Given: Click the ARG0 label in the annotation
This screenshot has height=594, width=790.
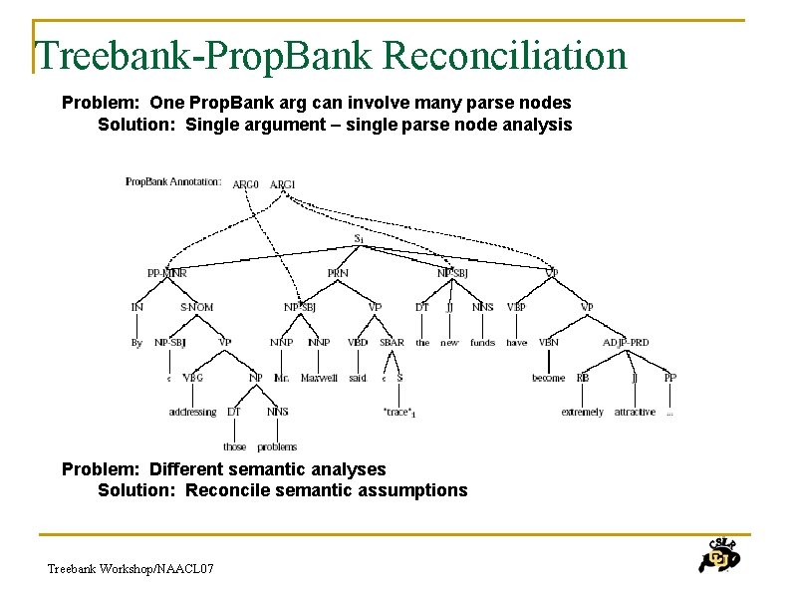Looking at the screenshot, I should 245,184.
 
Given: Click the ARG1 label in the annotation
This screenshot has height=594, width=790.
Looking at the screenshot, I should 283,184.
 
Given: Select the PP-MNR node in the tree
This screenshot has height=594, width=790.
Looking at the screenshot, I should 166,272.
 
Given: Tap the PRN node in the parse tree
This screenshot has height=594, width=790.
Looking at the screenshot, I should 338,272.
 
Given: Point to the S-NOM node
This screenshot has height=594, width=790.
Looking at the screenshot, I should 196,307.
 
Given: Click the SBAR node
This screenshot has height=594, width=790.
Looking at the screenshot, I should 392,342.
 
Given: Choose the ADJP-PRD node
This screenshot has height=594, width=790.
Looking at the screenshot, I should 626,342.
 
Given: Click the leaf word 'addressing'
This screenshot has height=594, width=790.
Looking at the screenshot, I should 192,412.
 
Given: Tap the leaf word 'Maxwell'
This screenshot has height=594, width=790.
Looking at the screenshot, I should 319,378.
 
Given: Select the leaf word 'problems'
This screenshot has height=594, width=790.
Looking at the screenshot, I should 277,446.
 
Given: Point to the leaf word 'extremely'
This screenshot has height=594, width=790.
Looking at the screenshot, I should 582,412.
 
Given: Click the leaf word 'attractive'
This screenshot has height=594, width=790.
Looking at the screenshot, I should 635,412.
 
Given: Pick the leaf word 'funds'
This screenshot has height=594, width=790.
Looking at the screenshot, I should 482,342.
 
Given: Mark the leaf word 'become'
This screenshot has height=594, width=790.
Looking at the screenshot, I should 548,378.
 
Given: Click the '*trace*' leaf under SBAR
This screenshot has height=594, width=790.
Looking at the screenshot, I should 398,412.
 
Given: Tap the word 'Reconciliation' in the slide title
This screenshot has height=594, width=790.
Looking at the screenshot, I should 505,56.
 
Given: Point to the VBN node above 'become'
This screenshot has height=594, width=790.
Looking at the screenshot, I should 548,342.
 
